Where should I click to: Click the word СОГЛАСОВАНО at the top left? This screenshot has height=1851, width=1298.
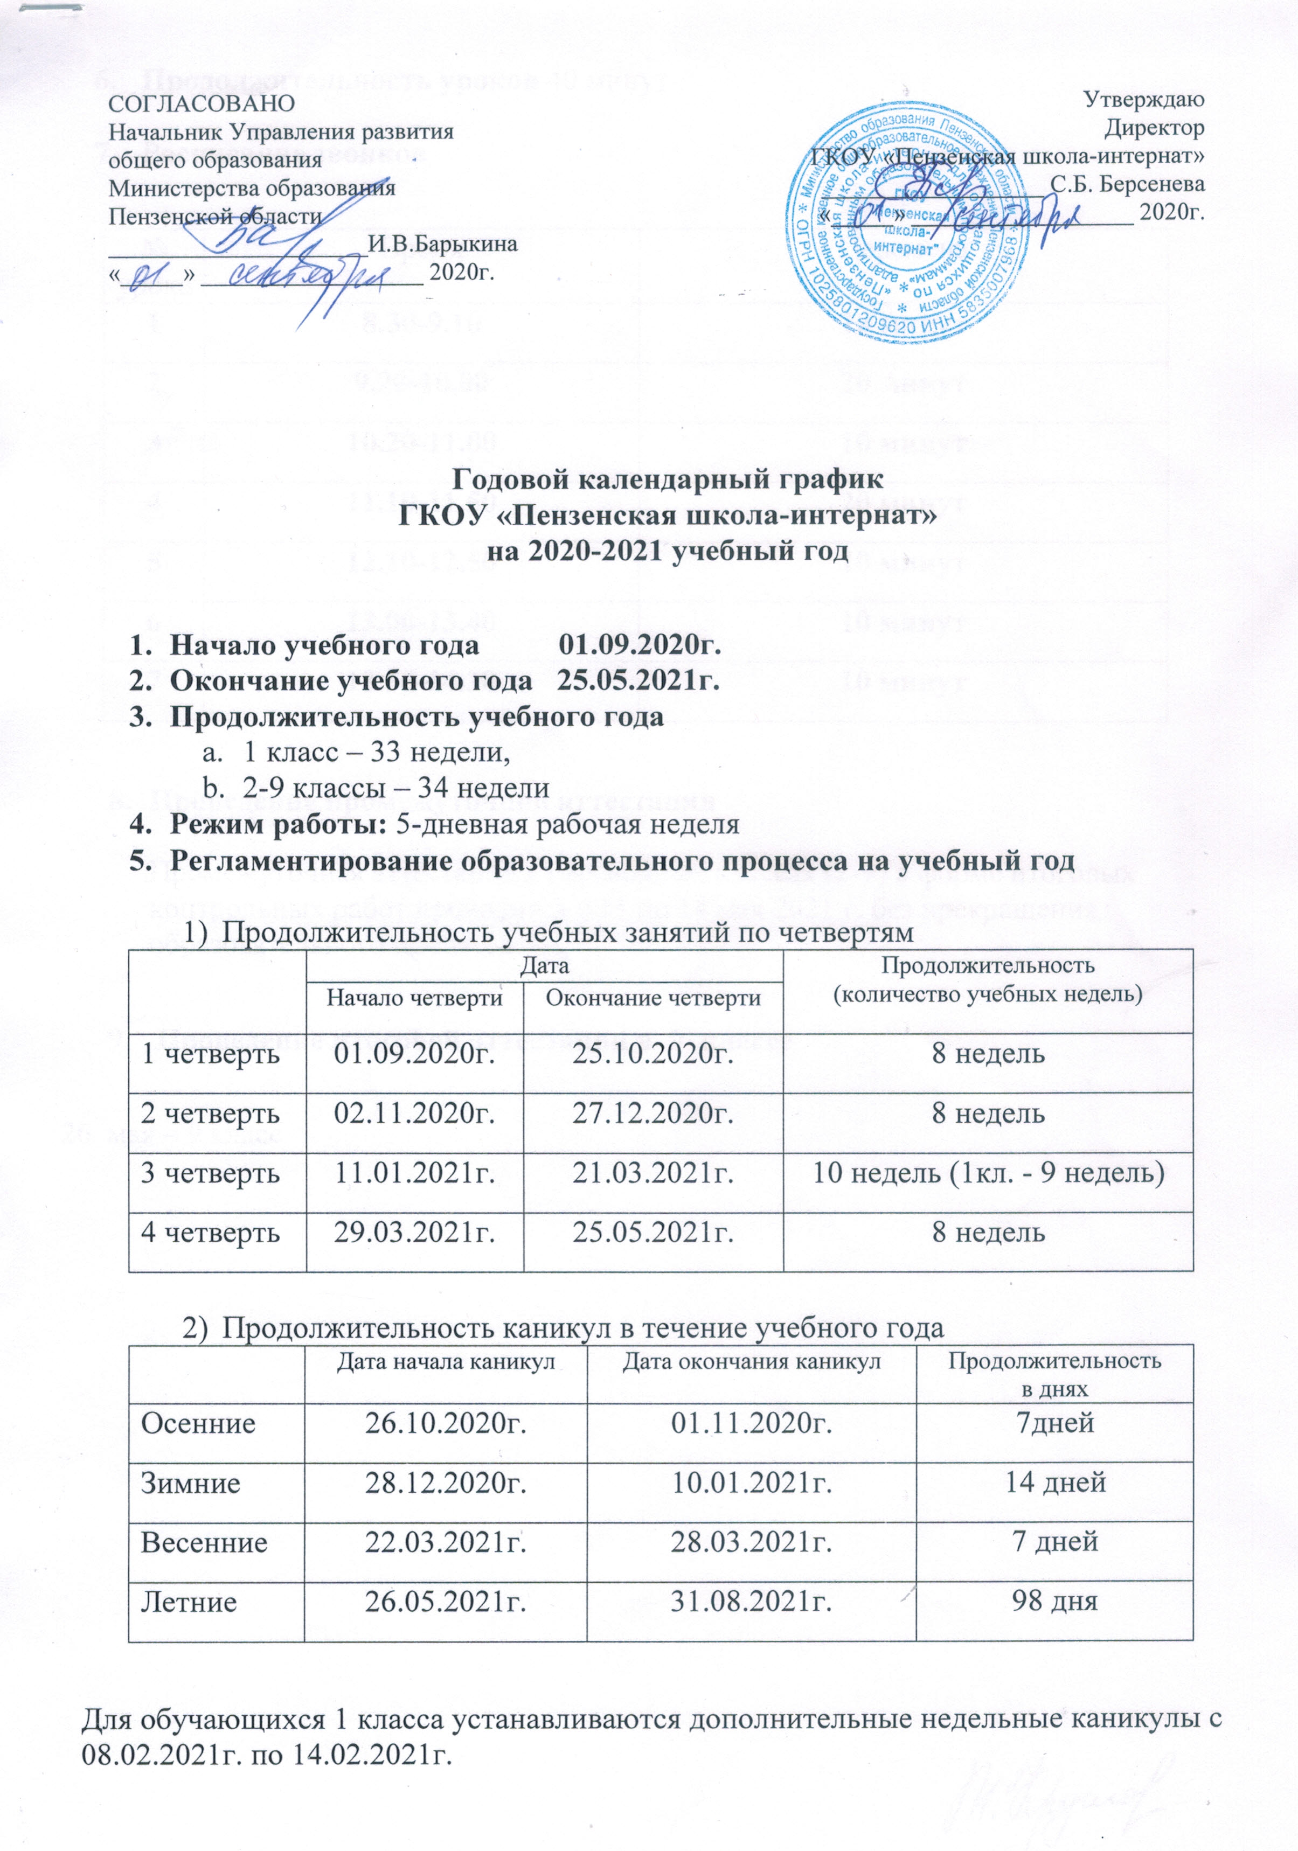(202, 103)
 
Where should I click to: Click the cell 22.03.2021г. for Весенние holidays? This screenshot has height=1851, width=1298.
(446, 1541)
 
